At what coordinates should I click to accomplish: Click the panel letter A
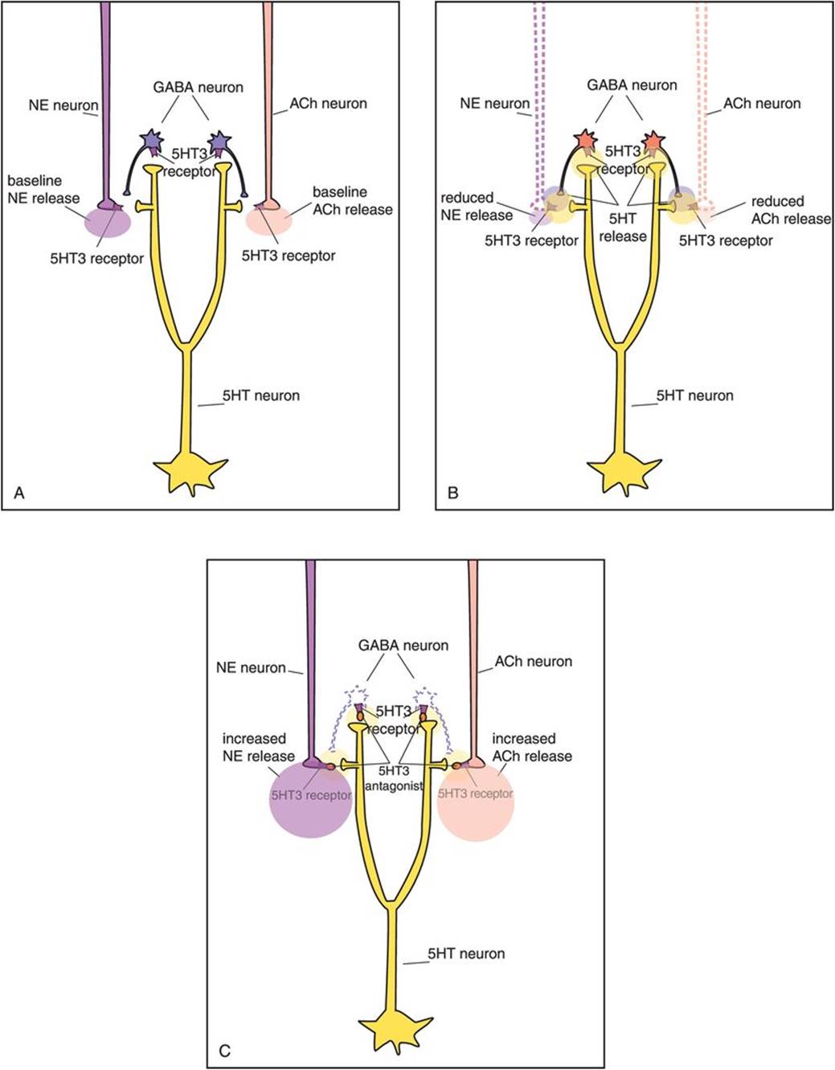tap(19, 493)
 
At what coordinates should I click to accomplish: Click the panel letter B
tap(452, 493)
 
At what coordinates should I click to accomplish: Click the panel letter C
tap(225, 1050)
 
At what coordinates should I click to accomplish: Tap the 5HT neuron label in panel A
tap(261, 396)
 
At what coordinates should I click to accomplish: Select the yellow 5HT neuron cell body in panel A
tap(187, 470)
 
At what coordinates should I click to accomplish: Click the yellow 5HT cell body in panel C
tap(392, 1028)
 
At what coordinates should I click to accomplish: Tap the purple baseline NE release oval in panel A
tap(107, 221)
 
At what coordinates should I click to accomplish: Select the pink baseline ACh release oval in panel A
tap(269, 219)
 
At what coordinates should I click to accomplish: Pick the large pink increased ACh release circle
tap(476, 801)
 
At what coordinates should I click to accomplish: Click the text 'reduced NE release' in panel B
tap(477, 207)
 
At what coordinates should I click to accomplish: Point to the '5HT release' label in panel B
tap(623, 227)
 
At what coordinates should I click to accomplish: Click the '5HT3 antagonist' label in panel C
tap(394, 778)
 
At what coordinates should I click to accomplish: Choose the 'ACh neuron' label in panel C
tap(534, 662)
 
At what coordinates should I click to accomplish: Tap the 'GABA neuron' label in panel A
tap(198, 87)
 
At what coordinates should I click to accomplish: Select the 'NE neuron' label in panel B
tap(494, 103)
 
